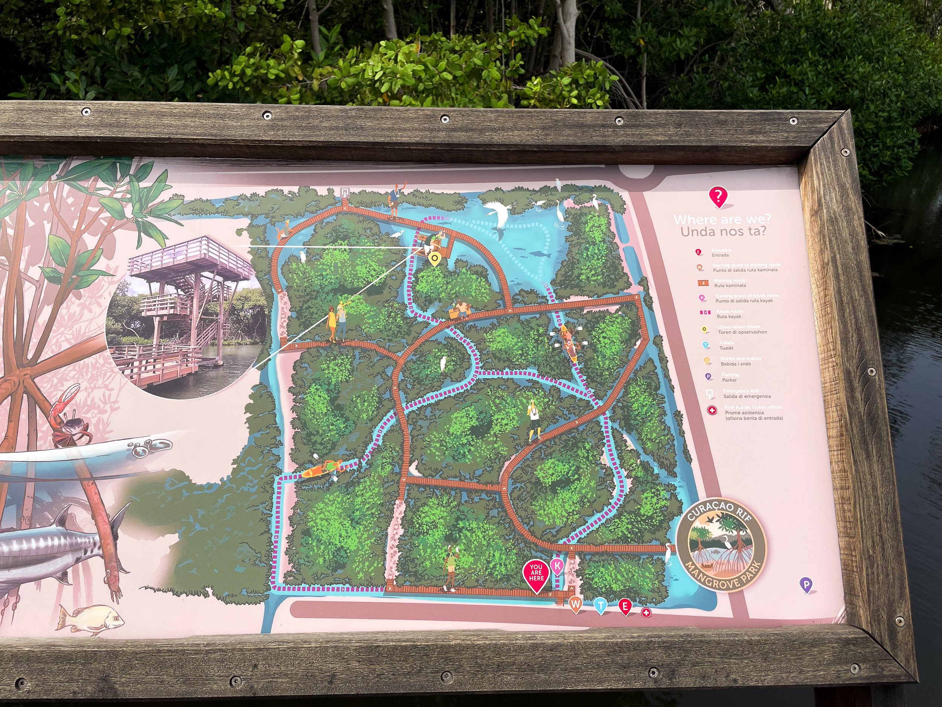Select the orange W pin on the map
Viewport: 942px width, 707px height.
(x=575, y=604)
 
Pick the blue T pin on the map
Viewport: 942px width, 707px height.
(x=600, y=605)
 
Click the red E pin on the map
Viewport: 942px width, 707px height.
(x=625, y=606)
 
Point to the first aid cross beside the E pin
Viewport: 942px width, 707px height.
(x=646, y=613)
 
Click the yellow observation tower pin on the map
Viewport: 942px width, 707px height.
(x=434, y=258)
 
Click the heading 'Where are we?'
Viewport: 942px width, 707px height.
(x=722, y=220)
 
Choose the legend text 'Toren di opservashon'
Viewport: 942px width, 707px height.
(x=742, y=332)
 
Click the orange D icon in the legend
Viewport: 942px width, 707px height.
(x=707, y=361)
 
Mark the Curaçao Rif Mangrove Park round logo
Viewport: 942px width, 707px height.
(x=721, y=544)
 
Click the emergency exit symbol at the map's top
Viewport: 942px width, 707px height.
(x=344, y=193)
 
